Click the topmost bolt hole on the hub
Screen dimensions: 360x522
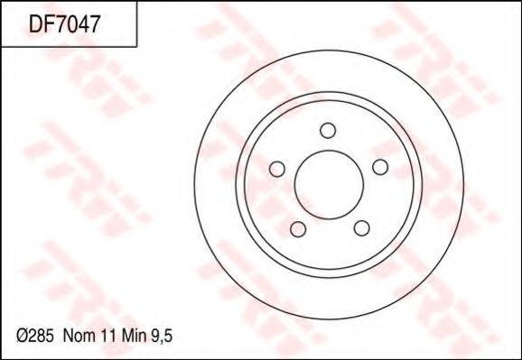tap(329, 129)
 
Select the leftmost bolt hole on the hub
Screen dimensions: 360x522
tap(277, 168)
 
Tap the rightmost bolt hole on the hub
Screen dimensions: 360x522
tap(379, 167)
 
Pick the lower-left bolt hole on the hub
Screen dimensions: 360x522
tap(297, 227)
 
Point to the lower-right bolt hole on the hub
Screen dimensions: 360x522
tap(360, 227)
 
